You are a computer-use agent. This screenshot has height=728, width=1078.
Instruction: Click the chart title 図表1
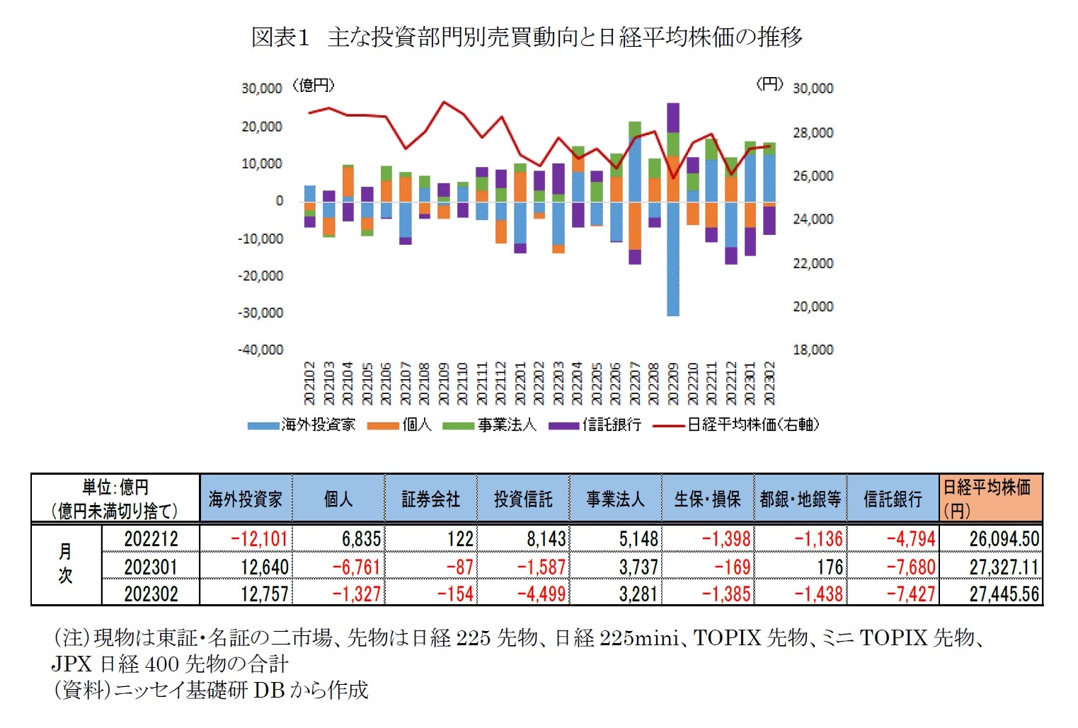click(x=280, y=37)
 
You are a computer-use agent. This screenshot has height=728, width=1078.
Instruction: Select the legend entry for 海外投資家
click(x=302, y=424)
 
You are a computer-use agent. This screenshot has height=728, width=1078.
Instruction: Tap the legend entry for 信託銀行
click(x=595, y=424)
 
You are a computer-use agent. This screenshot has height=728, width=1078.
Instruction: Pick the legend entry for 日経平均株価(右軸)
click(x=736, y=424)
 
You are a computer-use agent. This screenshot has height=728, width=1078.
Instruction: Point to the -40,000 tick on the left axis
click(x=260, y=349)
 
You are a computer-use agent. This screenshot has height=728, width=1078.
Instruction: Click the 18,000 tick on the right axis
click(x=813, y=349)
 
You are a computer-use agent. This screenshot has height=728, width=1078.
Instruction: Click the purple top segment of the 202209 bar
click(x=672, y=117)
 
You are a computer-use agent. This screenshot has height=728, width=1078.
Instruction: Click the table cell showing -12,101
click(x=259, y=539)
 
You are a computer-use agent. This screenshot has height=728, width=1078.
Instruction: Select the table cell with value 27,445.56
click(x=1004, y=594)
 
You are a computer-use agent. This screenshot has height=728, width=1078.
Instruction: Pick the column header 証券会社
click(x=430, y=499)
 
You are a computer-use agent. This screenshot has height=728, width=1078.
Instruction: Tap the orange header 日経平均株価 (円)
click(x=990, y=498)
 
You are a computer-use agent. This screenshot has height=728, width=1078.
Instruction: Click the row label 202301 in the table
click(x=151, y=567)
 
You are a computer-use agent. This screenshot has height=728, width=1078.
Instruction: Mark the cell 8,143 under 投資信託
click(x=546, y=539)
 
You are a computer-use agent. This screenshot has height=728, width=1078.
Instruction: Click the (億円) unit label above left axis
click(x=314, y=86)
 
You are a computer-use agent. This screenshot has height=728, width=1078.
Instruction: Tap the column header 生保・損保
click(x=707, y=499)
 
